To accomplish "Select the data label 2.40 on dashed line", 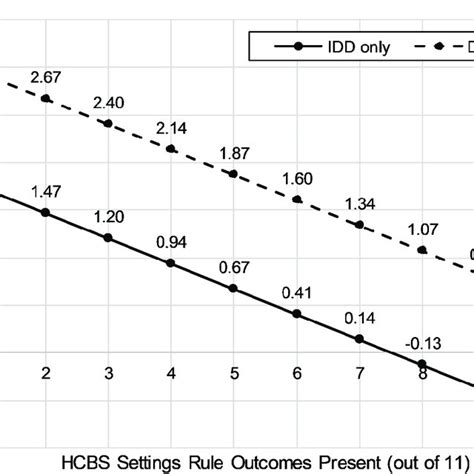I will point(109,103).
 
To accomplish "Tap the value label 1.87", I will point(234,153).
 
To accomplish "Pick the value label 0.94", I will point(171,242).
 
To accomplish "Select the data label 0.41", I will point(297,293).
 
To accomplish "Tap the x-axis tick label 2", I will point(46,373).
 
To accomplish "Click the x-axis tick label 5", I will point(234,373).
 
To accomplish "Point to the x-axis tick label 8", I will point(422,373).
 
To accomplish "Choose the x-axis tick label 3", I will point(109,373).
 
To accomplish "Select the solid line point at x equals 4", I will point(171,263).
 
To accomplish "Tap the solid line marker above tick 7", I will point(360,339).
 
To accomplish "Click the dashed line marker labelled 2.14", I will point(171,149).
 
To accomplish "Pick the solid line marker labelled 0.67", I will point(234,288).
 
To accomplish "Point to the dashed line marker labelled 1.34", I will point(360,225).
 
